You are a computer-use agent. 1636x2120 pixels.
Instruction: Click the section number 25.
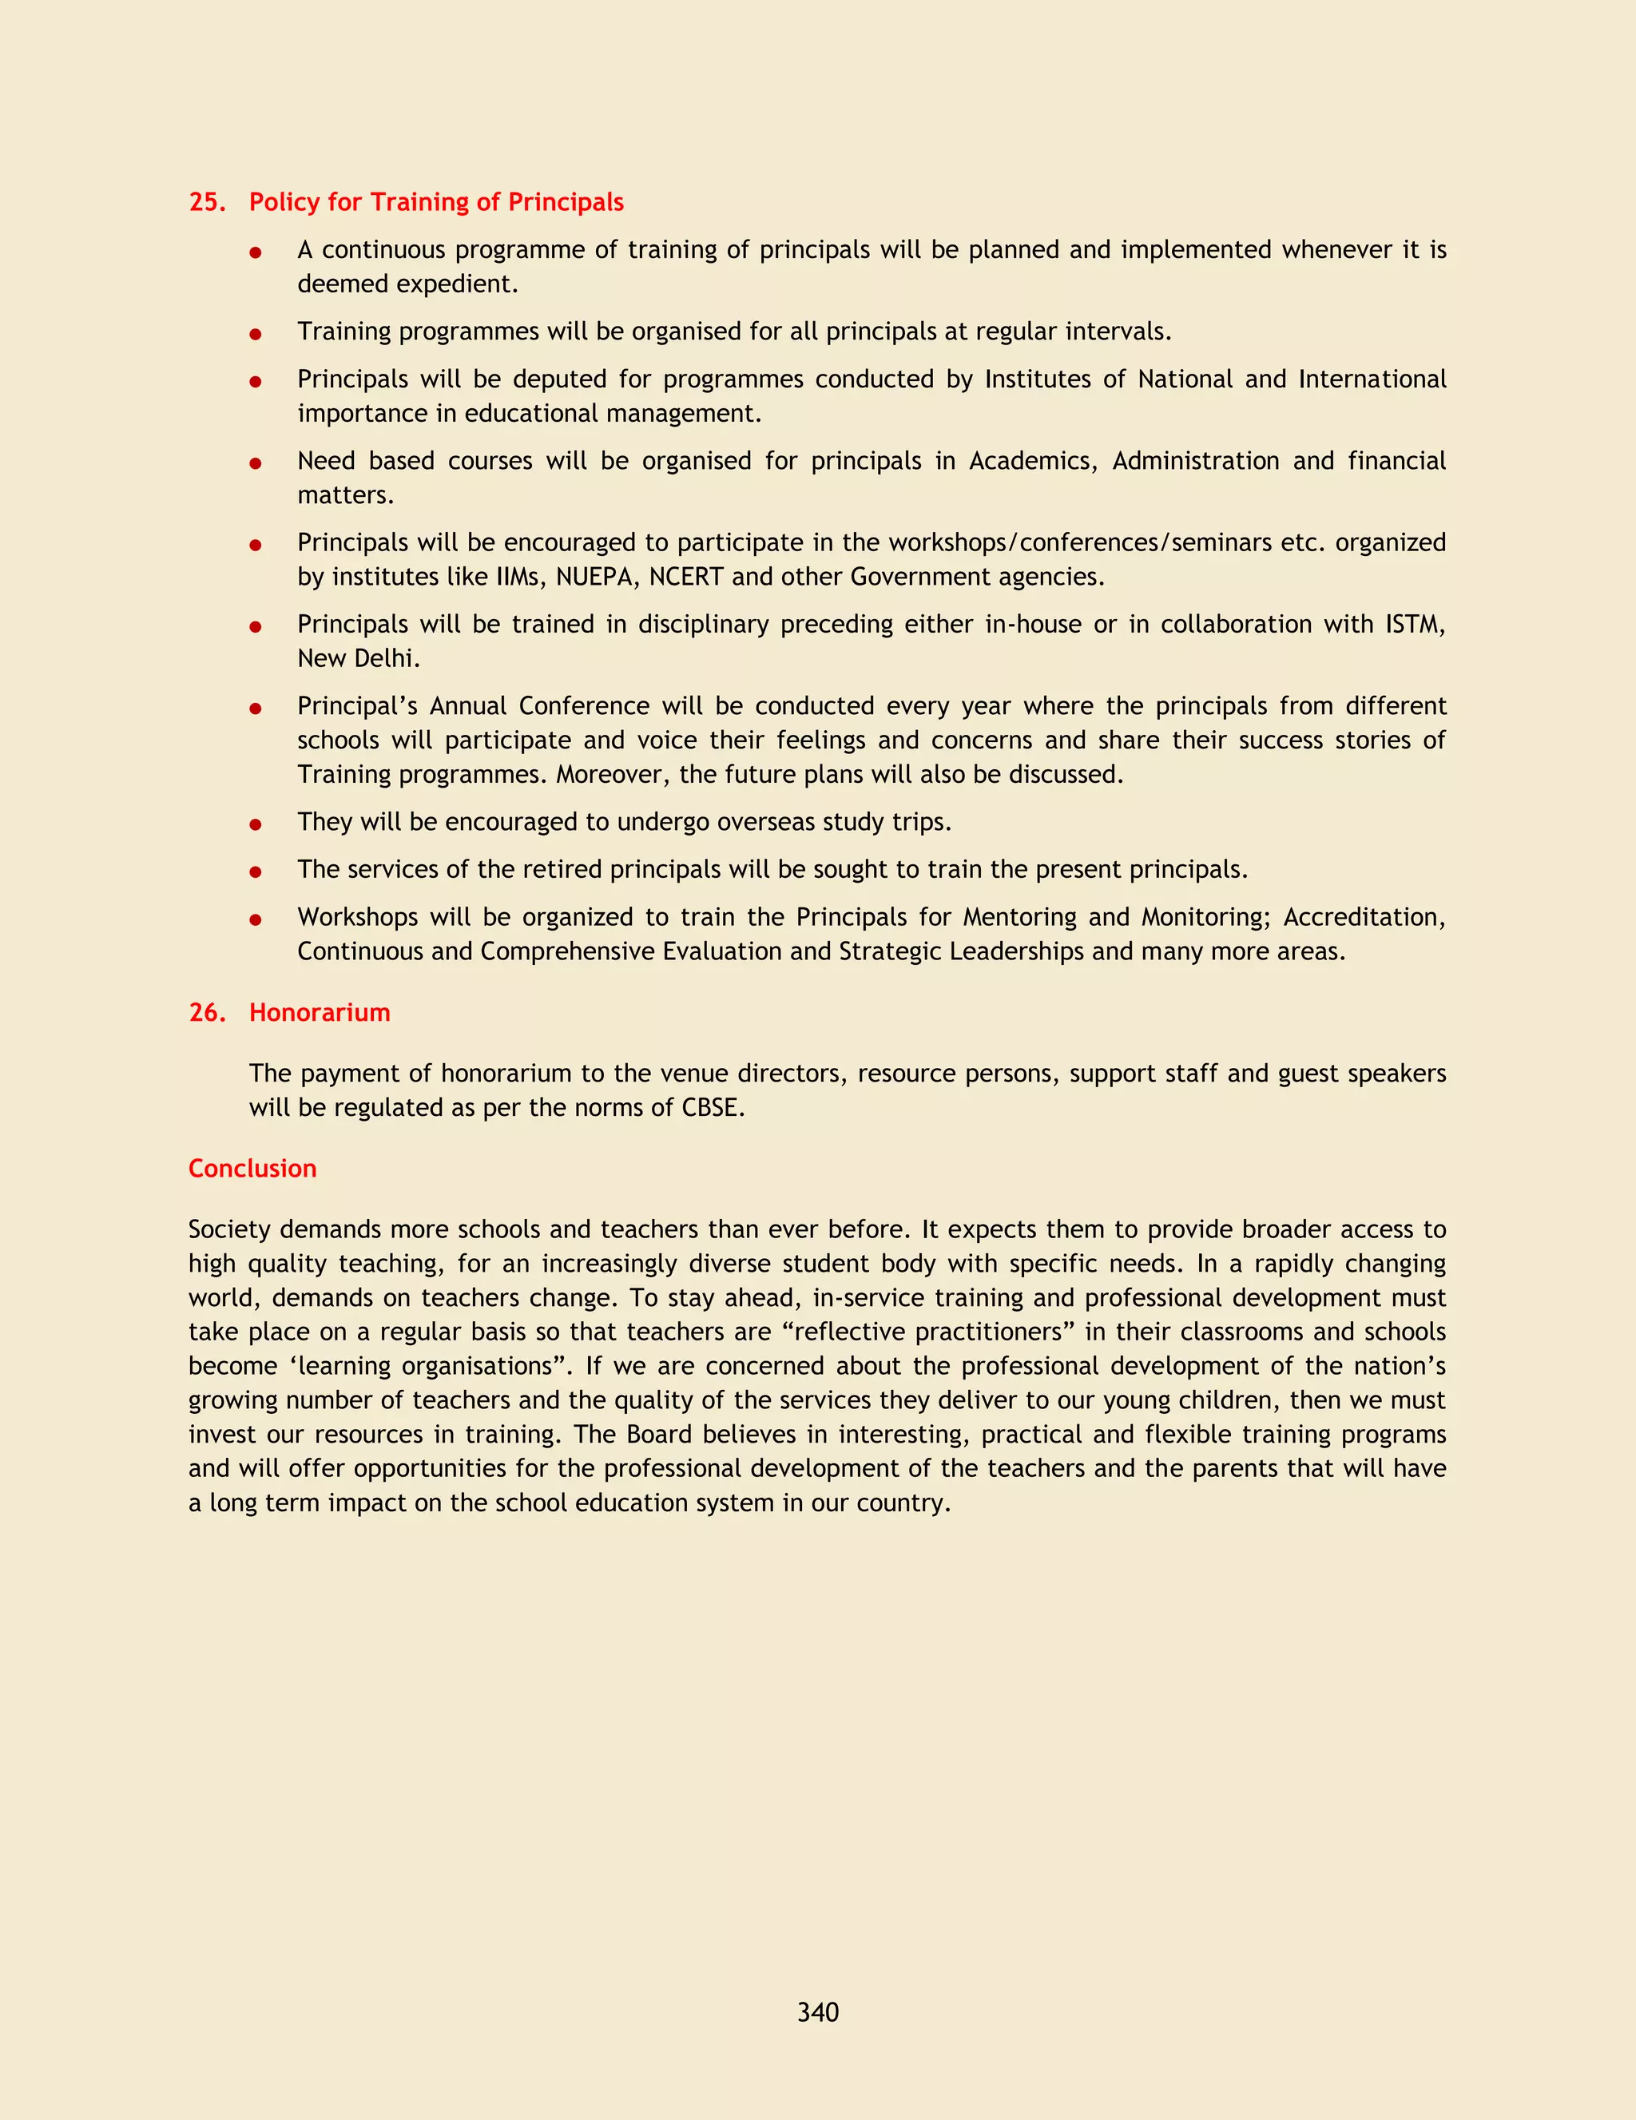pyautogui.click(x=207, y=202)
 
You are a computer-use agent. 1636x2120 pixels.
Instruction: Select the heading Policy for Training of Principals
pyautogui.click(x=436, y=202)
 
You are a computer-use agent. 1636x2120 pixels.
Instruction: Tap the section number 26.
pyautogui.click(x=207, y=1012)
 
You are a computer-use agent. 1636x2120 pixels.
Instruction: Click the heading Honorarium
pyautogui.click(x=320, y=1012)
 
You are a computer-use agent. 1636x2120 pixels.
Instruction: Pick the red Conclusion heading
pyautogui.click(x=252, y=1169)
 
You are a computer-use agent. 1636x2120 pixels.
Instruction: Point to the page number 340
pyautogui.click(x=817, y=2012)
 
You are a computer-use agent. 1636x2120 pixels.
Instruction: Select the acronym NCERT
pyautogui.click(x=685, y=578)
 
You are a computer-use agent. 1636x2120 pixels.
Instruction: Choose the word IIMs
pyautogui.click(x=518, y=578)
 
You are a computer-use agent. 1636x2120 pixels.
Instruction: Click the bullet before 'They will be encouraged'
pyautogui.click(x=256, y=824)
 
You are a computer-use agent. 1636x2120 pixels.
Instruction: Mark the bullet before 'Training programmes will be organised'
pyautogui.click(x=256, y=334)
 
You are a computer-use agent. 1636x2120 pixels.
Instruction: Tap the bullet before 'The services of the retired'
pyautogui.click(x=256, y=871)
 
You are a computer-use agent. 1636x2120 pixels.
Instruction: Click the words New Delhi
pyautogui.click(x=357, y=659)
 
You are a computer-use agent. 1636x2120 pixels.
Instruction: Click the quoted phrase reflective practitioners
pyautogui.click(x=927, y=1332)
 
